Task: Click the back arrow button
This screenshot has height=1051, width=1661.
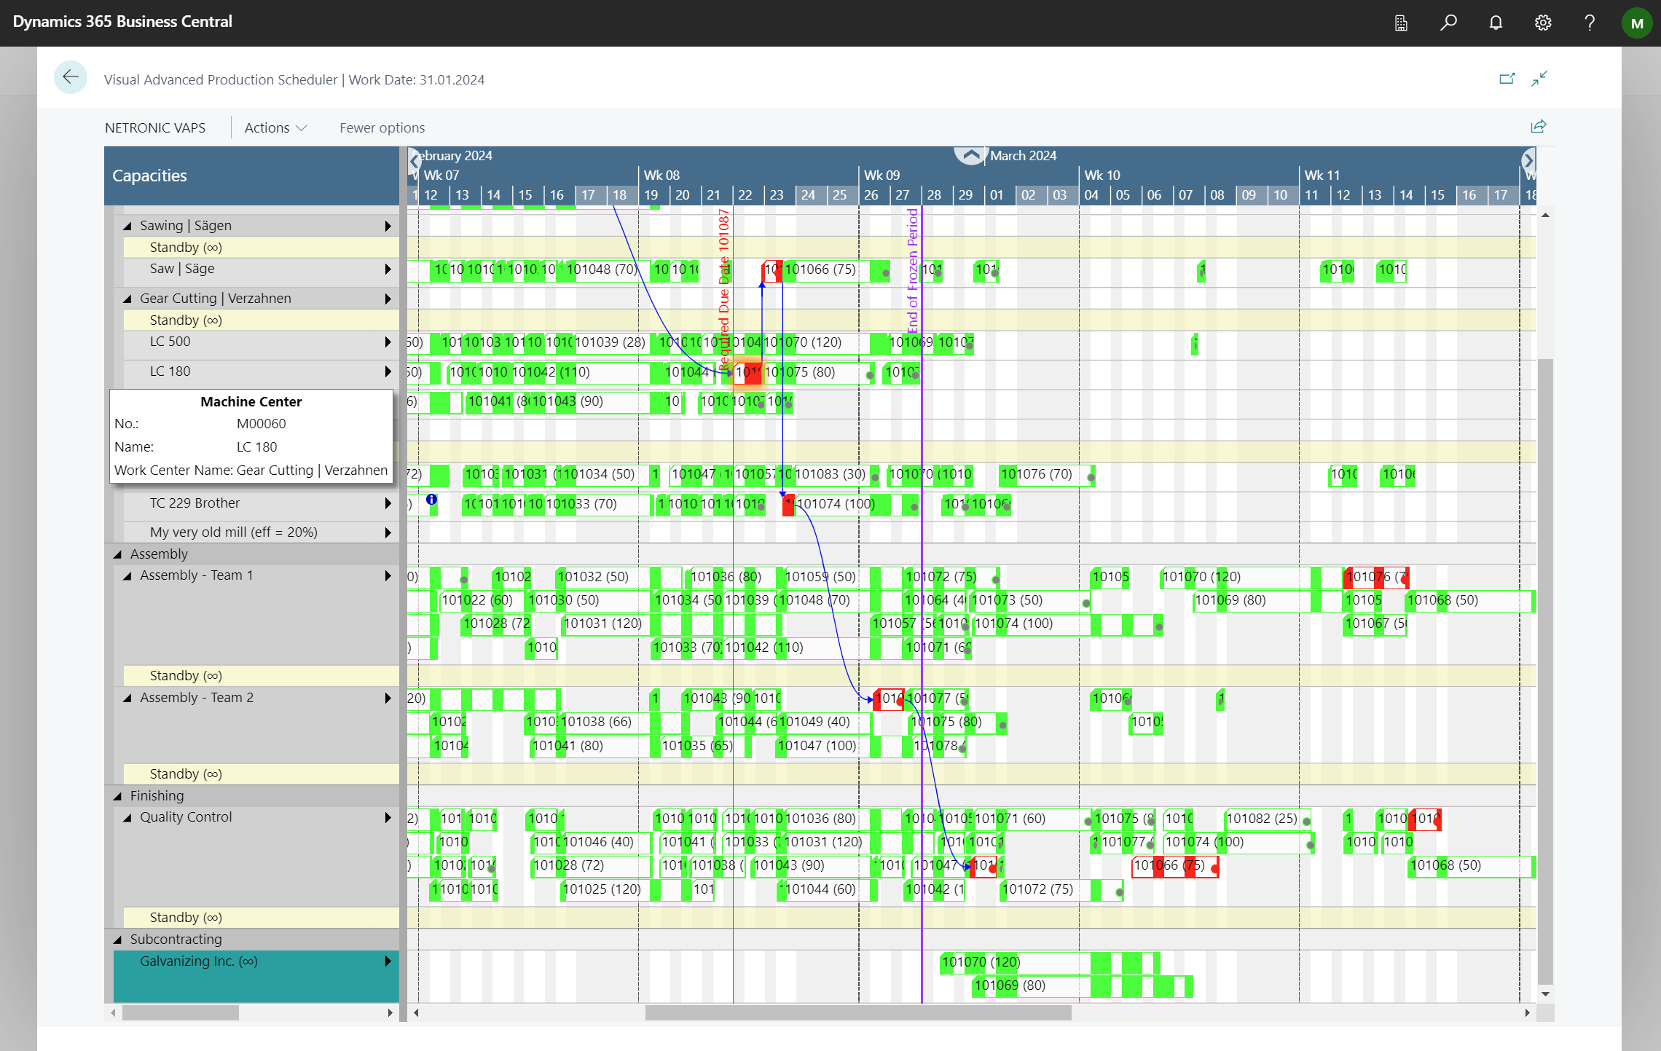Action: (x=71, y=77)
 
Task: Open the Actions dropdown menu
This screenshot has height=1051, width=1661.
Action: (x=275, y=127)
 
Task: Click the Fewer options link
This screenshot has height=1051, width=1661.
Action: (x=382, y=127)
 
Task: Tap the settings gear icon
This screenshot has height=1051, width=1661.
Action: (x=1542, y=23)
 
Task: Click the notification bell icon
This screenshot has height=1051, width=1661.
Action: (x=1496, y=23)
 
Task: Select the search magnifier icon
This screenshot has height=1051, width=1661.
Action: (x=1448, y=23)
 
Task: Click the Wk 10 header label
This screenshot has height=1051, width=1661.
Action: (x=1102, y=175)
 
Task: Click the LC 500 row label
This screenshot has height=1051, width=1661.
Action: (x=170, y=342)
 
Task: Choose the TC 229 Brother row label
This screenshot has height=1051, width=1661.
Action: (x=195, y=503)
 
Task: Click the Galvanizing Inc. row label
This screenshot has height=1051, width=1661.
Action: (x=198, y=961)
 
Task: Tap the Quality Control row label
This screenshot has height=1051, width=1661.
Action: (x=186, y=817)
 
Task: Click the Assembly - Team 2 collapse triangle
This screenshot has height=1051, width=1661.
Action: (x=127, y=698)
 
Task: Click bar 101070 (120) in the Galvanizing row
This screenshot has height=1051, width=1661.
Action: (x=981, y=962)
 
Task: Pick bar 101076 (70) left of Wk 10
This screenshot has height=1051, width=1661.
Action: (x=1036, y=474)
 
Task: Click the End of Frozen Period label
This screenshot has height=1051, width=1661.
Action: (x=912, y=269)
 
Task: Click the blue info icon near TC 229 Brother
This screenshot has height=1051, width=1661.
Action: (x=431, y=500)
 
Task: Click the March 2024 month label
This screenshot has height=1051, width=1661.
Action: (x=1023, y=155)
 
